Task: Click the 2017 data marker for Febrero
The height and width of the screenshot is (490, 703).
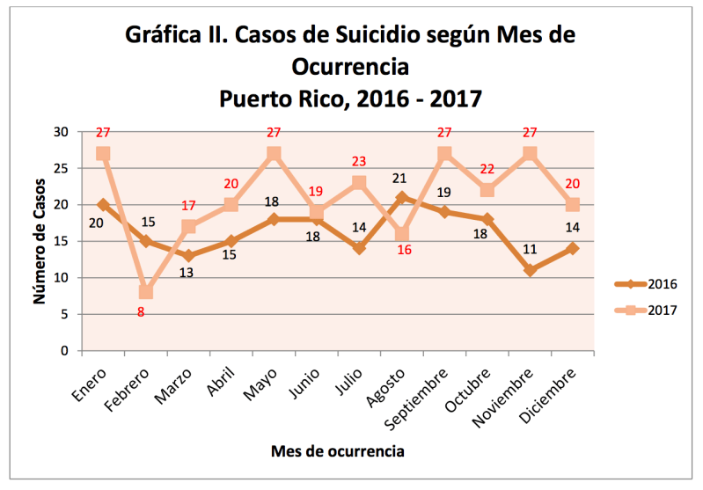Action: [x=146, y=292]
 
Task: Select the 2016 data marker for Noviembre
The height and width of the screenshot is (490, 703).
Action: [x=530, y=270]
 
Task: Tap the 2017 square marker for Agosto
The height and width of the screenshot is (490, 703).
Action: [x=402, y=234]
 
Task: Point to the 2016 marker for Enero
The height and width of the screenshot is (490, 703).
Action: [x=103, y=204]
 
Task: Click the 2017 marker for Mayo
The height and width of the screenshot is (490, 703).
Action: [x=274, y=153]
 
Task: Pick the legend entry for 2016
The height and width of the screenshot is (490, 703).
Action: [x=646, y=283]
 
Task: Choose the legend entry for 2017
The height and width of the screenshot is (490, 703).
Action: [x=646, y=310]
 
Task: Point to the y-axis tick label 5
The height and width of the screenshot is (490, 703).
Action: [x=64, y=314]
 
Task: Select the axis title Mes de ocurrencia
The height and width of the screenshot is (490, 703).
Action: [x=338, y=451]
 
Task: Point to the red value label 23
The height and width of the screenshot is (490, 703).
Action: [x=359, y=162]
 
